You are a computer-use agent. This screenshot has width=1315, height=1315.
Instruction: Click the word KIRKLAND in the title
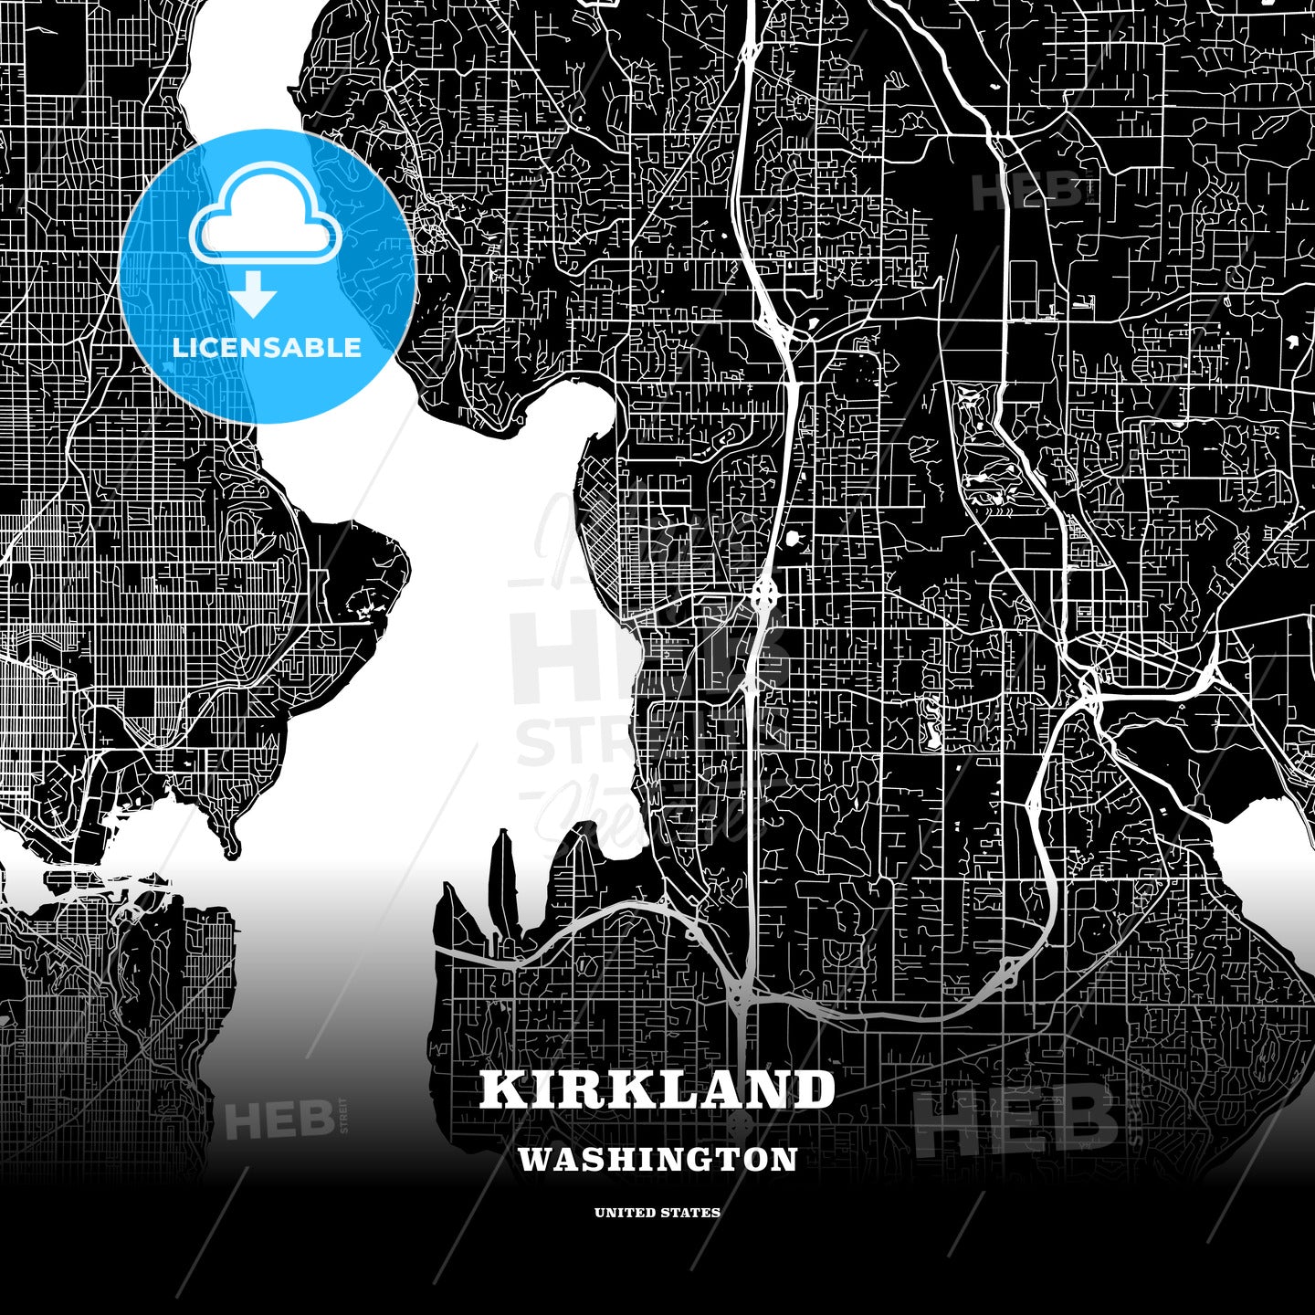(657, 1089)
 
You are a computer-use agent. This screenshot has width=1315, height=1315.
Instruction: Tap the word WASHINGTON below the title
(657, 1159)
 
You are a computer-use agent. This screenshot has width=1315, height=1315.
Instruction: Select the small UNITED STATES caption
(657, 1213)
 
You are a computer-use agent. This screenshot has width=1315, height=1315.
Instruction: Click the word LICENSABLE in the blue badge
(267, 348)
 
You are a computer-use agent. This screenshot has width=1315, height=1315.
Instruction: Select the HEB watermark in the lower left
(279, 1120)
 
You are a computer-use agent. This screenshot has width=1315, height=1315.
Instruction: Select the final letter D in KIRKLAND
(815, 1089)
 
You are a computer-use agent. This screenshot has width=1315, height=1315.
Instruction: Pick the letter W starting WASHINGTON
(533, 1159)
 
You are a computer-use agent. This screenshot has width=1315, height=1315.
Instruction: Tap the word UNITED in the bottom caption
(619, 1213)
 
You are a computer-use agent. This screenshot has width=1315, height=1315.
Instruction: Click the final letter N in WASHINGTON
(786, 1159)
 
